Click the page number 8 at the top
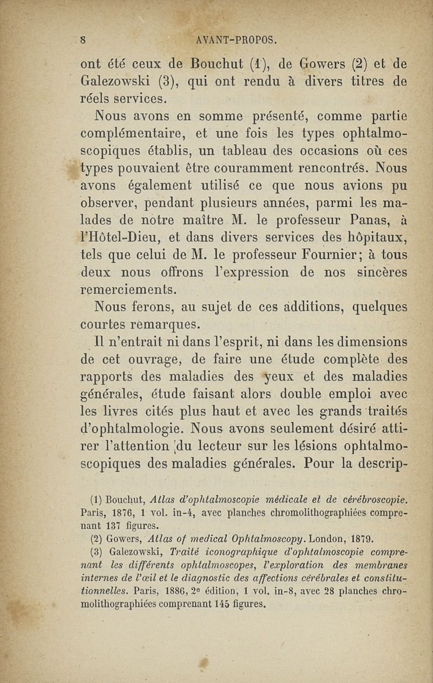tap(84, 40)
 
